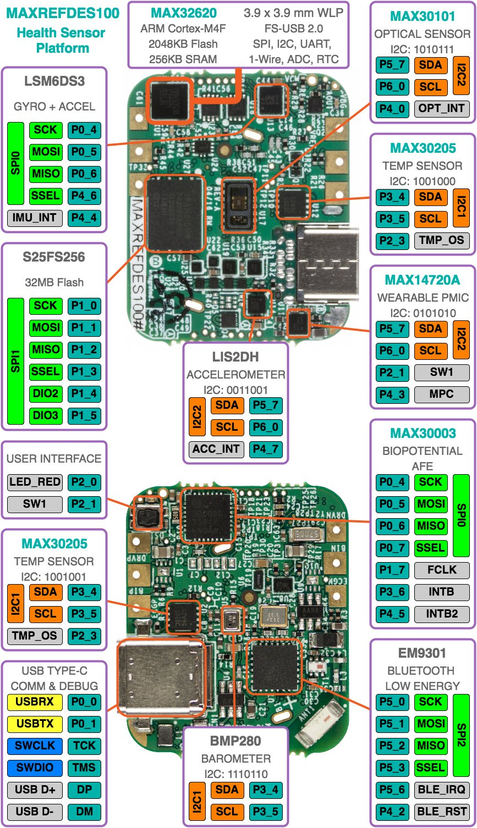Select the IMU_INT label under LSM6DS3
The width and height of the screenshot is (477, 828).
(35, 218)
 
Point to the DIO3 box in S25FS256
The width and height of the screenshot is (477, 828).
(46, 415)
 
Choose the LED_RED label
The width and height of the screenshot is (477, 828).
(35, 482)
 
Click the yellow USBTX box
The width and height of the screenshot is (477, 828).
(35, 724)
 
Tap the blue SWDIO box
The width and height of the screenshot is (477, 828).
(35, 768)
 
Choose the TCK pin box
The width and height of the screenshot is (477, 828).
(85, 746)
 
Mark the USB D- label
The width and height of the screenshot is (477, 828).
(35, 812)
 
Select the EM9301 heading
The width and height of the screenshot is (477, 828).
(422, 653)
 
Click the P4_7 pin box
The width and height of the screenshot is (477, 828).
(266, 449)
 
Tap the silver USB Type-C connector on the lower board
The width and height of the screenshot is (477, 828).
(160, 680)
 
